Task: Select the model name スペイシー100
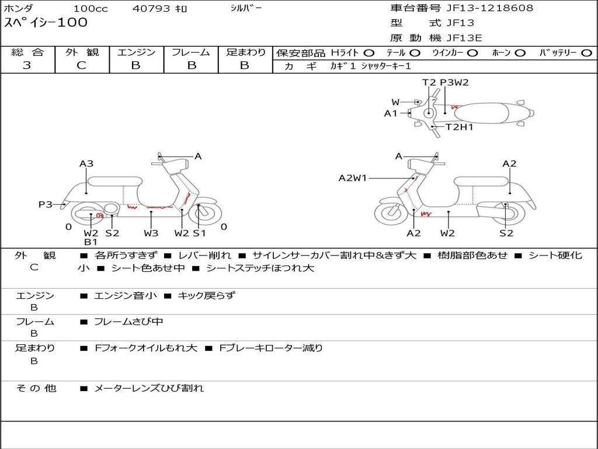point(46,23)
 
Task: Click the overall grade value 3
point(27,65)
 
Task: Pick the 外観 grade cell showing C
point(81,65)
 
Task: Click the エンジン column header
point(136,53)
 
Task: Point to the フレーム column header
point(191,53)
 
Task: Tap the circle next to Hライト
point(369,53)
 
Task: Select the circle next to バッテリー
point(586,53)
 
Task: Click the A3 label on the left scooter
point(86,164)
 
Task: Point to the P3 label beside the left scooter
point(46,205)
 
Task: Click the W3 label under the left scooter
point(151,233)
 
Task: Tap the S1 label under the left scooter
point(200,233)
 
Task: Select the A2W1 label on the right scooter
point(353,178)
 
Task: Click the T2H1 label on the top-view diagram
point(460,127)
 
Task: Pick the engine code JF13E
point(464,38)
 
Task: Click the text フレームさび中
point(128,322)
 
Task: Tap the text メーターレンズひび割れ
point(149,388)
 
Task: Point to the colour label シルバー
point(246,8)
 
